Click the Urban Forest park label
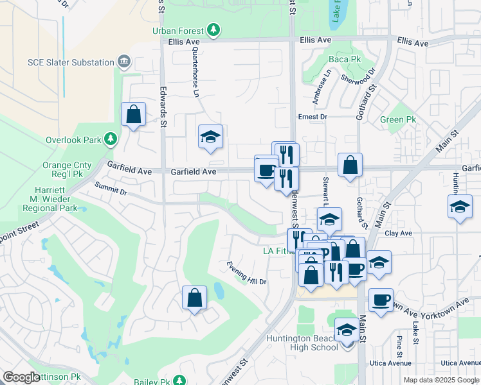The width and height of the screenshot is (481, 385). click(x=178, y=31)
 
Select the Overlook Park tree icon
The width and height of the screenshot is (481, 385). click(x=111, y=139)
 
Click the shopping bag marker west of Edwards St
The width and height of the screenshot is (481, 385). click(x=133, y=115)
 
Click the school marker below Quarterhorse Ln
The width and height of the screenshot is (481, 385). click(x=210, y=137)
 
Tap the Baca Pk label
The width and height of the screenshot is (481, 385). click(x=345, y=60)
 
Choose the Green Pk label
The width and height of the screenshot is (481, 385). click(x=398, y=120)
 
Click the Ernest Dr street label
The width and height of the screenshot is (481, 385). click(x=313, y=117)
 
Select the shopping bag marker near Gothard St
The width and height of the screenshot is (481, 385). click(x=350, y=166)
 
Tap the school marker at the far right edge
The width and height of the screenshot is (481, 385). click(x=460, y=207)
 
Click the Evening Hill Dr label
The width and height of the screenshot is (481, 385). click(x=246, y=273)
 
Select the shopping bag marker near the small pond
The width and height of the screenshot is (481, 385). click(x=194, y=298)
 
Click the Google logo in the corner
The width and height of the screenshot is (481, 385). click(x=21, y=377)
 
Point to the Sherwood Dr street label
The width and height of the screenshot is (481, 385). click(x=363, y=79)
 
